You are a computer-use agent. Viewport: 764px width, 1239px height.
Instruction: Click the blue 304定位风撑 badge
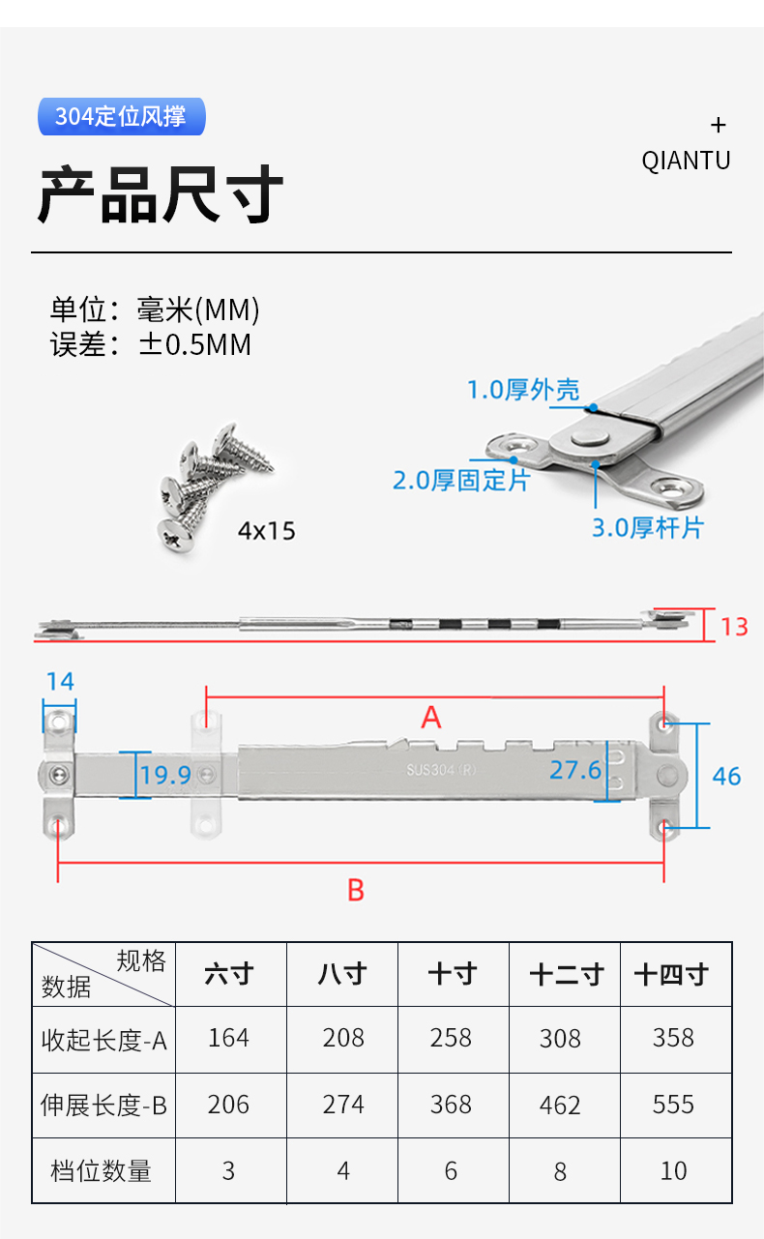(121, 117)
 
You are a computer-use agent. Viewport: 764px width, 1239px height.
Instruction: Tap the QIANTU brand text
(686, 161)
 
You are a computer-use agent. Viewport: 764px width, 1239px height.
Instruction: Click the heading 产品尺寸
(161, 195)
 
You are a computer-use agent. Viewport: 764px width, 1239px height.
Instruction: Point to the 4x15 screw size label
(267, 531)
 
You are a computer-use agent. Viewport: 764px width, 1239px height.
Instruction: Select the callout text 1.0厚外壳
(523, 390)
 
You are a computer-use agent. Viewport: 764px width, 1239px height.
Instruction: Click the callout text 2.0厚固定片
(461, 480)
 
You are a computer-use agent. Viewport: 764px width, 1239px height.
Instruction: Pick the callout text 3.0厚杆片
(648, 527)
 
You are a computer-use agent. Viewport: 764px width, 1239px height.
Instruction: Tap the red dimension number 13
(734, 627)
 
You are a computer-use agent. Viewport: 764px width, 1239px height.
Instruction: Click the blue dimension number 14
(60, 681)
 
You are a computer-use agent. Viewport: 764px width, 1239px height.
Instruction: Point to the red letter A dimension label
(431, 718)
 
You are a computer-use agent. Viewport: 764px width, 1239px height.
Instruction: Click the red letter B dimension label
(356, 890)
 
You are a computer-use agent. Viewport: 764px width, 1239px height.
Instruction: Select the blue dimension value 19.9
(165, 775)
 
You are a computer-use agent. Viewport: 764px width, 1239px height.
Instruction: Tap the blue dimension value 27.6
(575, 770)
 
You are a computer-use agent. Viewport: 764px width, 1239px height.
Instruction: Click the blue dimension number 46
(726, 776)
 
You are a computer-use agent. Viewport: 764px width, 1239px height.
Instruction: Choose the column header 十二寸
(566, 974)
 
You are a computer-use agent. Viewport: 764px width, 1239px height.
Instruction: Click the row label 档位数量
(102, 1171)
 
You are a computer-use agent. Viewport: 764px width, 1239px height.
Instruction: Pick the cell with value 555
(673, 1105)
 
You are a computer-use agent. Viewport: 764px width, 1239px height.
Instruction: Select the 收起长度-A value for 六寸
(229, 1038)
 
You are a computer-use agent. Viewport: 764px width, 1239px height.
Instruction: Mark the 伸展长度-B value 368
(451, 1105)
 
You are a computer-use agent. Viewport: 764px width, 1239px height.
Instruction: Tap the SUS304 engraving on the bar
(441, 771)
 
